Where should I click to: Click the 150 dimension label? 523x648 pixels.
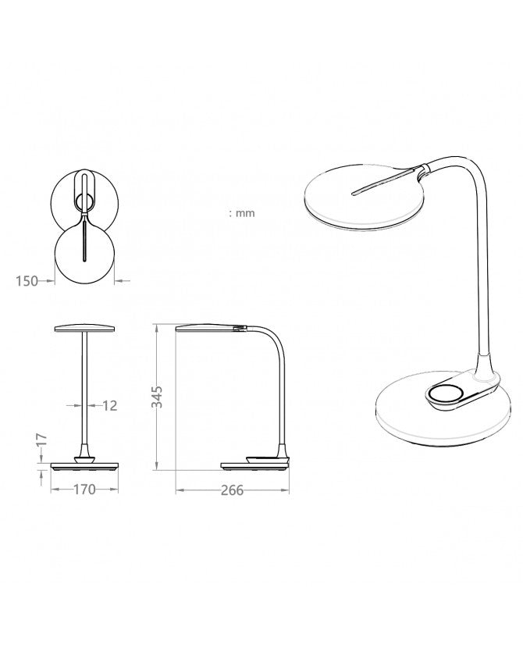click(27, 281)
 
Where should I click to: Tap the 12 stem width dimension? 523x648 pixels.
click(109, 405)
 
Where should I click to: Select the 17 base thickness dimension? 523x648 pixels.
click(41, 440)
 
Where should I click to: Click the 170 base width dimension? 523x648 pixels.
click(84, 490)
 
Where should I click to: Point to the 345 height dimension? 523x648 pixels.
click(157, 397)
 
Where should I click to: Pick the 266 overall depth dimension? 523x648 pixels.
click(232, 490)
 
